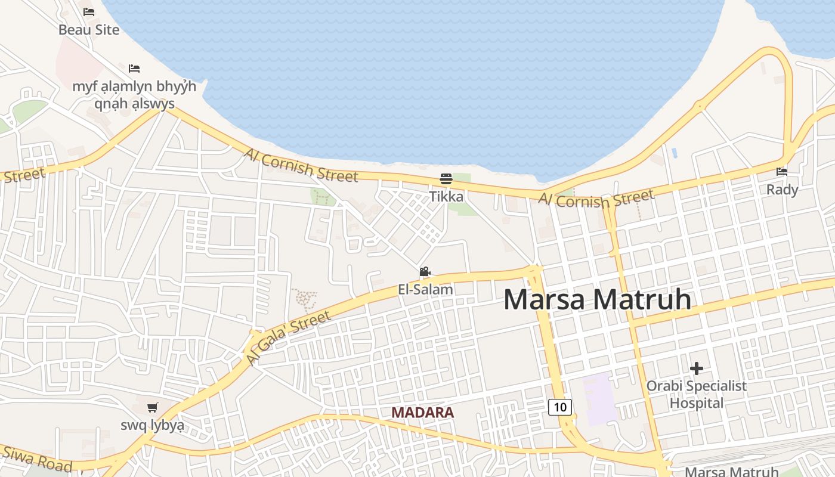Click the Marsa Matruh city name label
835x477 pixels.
pos(597,299)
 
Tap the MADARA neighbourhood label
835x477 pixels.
pos(422,413)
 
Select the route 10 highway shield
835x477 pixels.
pos(560,407)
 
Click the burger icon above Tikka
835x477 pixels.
pos(446,178)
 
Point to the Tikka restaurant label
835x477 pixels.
pos(446,196)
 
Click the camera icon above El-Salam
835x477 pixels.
pos(425,272)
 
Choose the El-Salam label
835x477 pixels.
pos(425,290)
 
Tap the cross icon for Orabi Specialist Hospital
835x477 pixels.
pos(696,368)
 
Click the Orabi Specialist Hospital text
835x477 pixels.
pos(696,395)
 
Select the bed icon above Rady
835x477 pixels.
pos(782,172)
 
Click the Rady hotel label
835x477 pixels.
pos(782,190)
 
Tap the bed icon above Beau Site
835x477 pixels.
pos(89,11)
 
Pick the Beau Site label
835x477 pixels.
pos(89,29)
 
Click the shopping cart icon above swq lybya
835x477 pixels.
pos(153,408)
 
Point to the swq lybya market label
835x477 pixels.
pos(153,426)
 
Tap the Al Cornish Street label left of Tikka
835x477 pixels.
pos(301,165)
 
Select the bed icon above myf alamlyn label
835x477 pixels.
pos(134,69)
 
